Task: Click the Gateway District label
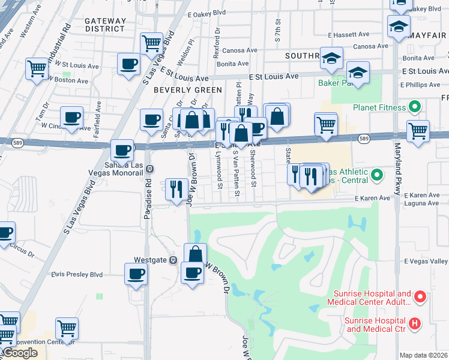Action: coord(105,25)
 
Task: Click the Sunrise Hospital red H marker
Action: coord(415,324)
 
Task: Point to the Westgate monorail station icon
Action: coord(172,260)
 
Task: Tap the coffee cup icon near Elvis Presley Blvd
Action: coord(136,275)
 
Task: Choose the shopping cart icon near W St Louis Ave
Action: coord(37,69)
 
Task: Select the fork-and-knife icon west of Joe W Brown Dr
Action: coord(176,189)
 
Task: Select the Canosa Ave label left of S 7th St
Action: coord(239,50)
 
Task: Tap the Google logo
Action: coord(20,353)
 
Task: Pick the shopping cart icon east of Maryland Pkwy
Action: coord(418,131)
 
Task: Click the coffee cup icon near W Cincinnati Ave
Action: coord(72,118)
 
